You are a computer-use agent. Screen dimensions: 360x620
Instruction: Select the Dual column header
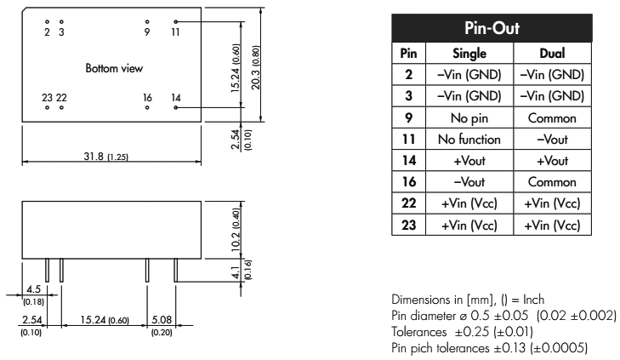point(552,53)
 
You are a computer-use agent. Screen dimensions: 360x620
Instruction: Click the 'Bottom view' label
point(114,67)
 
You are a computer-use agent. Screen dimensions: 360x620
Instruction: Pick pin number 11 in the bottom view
point(175,32)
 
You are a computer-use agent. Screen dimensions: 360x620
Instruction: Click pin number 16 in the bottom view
point(147,97)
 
